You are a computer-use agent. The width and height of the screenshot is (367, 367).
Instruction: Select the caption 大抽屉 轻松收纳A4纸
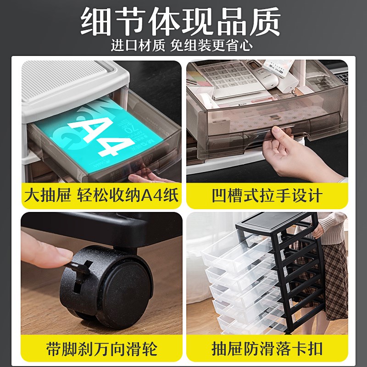pos(101,195)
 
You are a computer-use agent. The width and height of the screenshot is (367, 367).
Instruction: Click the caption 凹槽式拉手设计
pos(267,196)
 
